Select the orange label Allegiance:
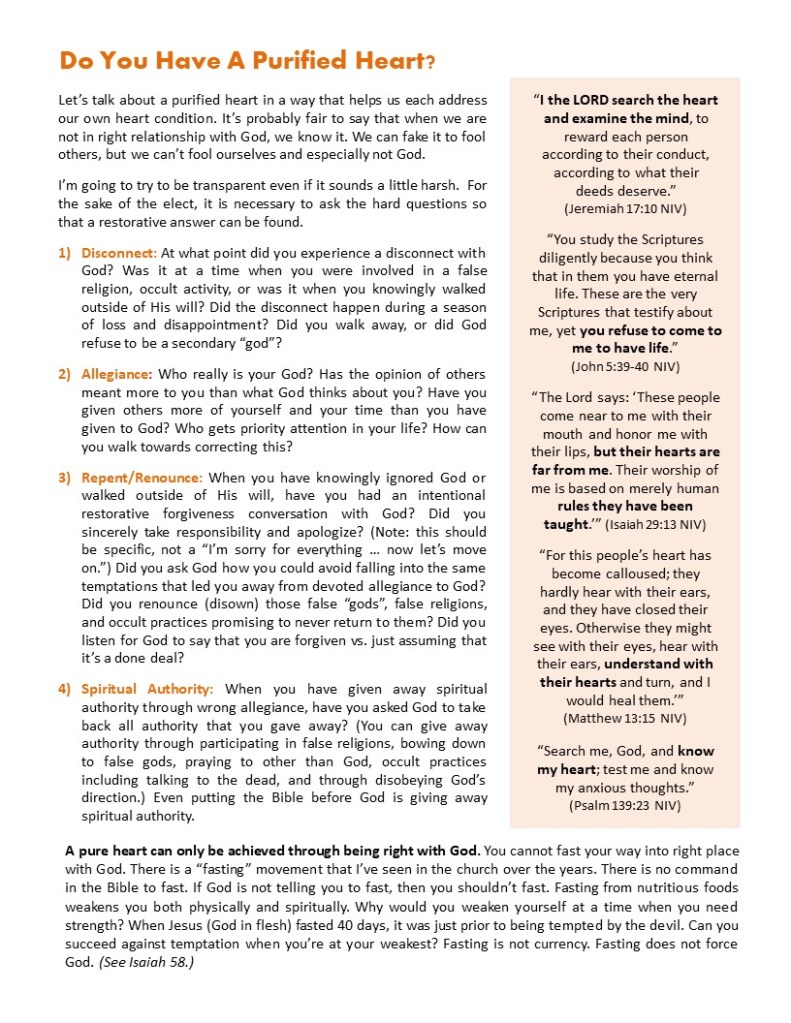click(x=116, y=374)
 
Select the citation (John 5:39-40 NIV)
click(x=625, y=365)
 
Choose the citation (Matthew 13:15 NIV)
click(x=625, y=717)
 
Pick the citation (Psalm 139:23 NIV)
click(x=625, y=804)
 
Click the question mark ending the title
click(x=430, y=62)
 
